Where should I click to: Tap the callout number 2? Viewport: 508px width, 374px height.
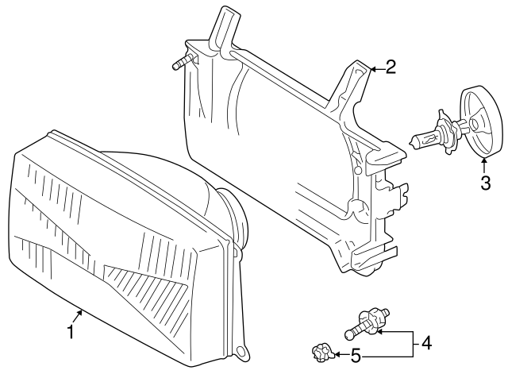pos(390,66)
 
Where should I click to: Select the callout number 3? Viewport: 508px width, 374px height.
pos(483,184)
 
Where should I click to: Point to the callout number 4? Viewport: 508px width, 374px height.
pos(426,343)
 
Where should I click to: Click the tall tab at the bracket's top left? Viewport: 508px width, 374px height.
pos(226,28)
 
